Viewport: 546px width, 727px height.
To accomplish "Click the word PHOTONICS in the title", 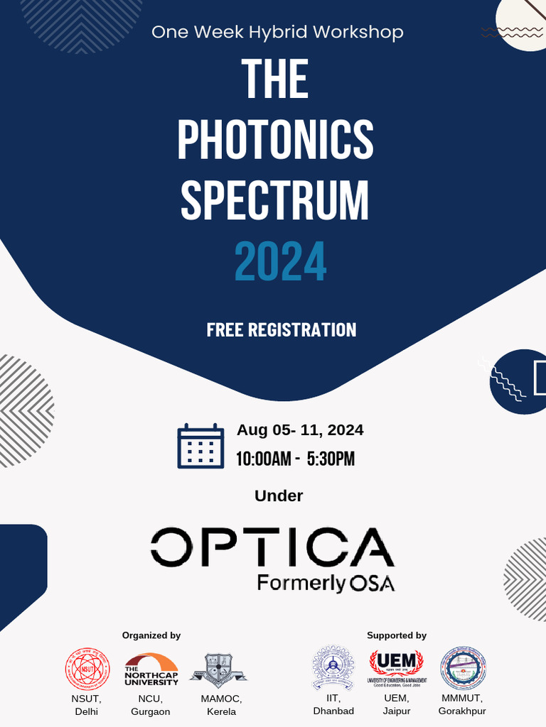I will [275, 139].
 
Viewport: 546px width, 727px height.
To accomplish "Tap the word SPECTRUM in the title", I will [275, 200].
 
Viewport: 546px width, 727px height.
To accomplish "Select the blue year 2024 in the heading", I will [280, 262].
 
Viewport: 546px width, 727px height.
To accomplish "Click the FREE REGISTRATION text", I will [281, 330].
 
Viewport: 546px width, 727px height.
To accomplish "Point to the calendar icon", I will [200, 446].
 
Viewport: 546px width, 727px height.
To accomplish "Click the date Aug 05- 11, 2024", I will [300, 430].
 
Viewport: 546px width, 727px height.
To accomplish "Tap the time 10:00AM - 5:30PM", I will [295, 459].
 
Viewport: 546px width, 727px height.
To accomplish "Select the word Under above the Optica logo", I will [279, 496].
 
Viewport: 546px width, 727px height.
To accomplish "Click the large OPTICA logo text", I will [272, 547].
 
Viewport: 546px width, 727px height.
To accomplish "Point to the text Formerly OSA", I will [326, 584].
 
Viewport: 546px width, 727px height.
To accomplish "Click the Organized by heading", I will [151, 635].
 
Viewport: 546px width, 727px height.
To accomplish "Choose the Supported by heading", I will [397, 635].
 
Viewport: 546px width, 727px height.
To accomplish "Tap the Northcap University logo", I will [151, 669].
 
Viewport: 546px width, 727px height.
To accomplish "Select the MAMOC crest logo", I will [218, 669].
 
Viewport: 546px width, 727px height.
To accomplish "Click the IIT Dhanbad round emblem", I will [333, 669].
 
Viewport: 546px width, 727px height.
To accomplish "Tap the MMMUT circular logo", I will [463, 669].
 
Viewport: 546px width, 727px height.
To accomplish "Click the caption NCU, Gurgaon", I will [151, 705].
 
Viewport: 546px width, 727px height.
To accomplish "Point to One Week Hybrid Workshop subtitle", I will [277, 32].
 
